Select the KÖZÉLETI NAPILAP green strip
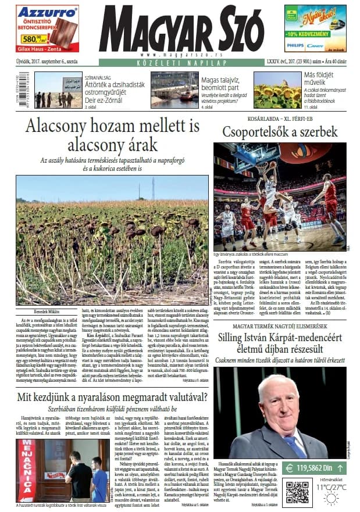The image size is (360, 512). tap(180, 62)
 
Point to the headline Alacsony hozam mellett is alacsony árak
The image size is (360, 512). tap(112, 134)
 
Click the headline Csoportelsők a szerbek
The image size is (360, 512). tap(280, 132)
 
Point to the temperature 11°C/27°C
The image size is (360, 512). tap(331, 486)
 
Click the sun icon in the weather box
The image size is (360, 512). tap(332, 498)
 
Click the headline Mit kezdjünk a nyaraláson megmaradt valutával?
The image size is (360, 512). tap(112, 398)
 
